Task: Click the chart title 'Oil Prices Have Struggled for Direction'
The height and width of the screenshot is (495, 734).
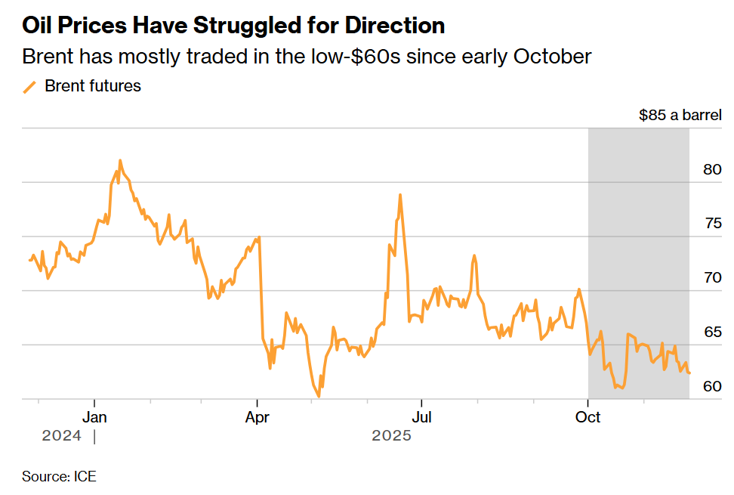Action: pyautogui.click(x=233, y=26)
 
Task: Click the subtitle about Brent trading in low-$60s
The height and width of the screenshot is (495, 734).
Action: pyautogui.click(x=307, y=57)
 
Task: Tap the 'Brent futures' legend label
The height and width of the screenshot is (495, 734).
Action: pyautogui.click(x=93, y=86)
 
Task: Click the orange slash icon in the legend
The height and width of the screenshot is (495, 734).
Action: pyautogui.click(x=30, y=87)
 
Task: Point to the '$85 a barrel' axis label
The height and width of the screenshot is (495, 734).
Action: pyautogui.click(x=680, y=116)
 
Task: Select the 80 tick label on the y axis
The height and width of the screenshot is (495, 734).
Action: pyautogui.click(x=712, y=169)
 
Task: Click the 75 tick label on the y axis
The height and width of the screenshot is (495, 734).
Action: pyautogui.click(x=712, y=224)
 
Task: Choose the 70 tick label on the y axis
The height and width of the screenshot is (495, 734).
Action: pyautogui.click(x=712, y=278)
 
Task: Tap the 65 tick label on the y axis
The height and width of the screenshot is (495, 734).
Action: pyautogui.click(x=712, y=333)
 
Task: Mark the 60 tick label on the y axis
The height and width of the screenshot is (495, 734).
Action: pyautogui.click(x=712, y=387)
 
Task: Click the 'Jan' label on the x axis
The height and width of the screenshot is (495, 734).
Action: pyautogui.click(x=94, y=417)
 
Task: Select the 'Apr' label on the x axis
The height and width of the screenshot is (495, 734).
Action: pyautogui.click(x=258, y=417)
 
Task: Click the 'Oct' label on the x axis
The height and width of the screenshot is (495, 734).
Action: pyautogui.click(x=588, y=417)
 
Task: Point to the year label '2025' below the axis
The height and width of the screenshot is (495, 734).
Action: pyautogui.click(x=391, y=436)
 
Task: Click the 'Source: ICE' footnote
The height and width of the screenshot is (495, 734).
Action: pyautogui.click(x=59, y=477)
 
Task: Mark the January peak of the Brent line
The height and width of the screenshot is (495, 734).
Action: pyautogui.click(x=120, y=160)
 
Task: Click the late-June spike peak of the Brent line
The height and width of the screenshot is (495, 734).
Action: pyautogui.click(x=399, y=195)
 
